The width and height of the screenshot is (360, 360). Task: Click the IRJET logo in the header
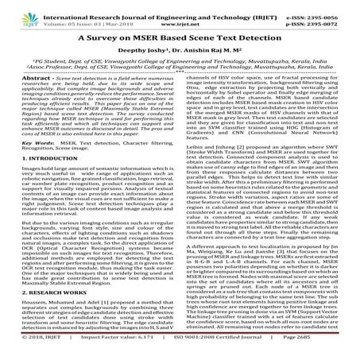pos(17,10)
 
